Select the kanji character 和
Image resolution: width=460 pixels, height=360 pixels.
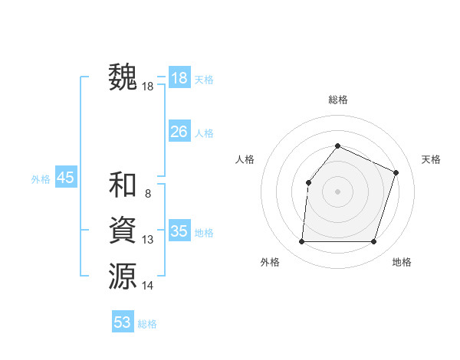tap(123, 185)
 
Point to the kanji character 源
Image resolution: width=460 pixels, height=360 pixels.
tap(123, 275)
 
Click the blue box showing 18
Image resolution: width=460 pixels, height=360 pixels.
tap(179, 78)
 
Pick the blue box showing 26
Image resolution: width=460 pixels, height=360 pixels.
tap(179, 132)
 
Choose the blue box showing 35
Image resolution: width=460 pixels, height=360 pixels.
tap(179, 231)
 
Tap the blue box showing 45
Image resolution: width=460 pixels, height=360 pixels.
tap(65, 178)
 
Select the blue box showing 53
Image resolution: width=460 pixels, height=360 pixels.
tap(123, 322)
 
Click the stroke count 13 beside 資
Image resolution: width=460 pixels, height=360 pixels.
tap(147, 240)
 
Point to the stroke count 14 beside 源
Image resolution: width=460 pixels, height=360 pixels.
tap(147, 285)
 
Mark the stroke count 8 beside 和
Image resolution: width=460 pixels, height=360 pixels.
tap(147, 194)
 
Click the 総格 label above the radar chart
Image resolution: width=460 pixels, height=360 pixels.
tap(337, 100)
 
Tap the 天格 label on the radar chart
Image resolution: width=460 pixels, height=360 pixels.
tap(431, 159)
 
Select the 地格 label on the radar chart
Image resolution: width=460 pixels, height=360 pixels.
tap(402, 262)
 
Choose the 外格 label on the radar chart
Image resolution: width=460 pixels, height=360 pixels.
tap(270, 262)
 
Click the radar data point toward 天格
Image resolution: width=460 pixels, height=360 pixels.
tap(396, 172)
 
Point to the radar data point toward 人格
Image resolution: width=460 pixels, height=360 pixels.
tap(308, 182)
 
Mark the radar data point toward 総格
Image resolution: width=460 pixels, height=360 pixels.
tap(337, 146)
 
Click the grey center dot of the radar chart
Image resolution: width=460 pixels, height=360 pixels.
tap(337, 191)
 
